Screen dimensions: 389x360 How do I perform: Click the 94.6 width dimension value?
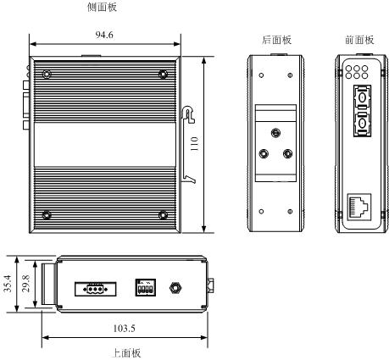104,35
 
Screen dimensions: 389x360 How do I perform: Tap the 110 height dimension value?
195,143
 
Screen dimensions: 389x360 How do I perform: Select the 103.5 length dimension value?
125,329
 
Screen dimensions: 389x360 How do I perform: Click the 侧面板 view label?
102,7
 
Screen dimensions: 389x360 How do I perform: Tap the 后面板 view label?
276,40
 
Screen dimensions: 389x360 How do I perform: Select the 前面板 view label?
359,40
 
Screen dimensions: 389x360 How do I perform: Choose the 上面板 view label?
126,353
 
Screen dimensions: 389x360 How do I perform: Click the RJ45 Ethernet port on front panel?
359,207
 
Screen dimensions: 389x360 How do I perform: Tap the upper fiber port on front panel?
362,97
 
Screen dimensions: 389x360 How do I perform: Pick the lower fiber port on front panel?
362,124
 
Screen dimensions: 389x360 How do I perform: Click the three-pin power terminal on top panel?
96,289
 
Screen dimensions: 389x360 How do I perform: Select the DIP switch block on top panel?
146,287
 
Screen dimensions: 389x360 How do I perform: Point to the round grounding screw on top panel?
175,288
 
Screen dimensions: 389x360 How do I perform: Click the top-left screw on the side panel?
47,75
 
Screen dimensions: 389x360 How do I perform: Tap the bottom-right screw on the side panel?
163,215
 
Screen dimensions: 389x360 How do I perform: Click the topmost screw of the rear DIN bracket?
275,132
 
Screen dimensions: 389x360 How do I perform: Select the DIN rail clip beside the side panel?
188,144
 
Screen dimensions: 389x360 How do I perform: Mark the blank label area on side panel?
105,145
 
